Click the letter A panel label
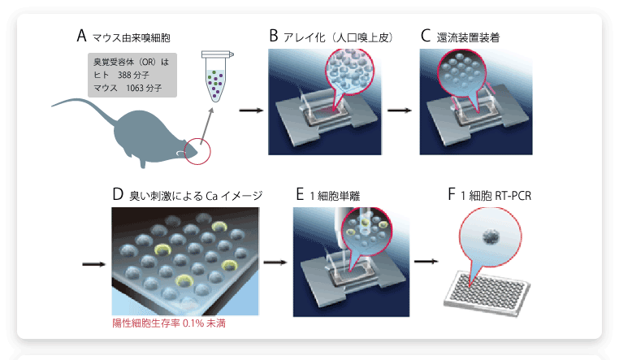click(81, 36)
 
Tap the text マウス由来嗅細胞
click(131, 37)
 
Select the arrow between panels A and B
click(252, 108)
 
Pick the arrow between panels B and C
click(398, 108)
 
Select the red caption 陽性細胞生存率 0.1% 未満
click(175, 323)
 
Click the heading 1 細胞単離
click(333, 196)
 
